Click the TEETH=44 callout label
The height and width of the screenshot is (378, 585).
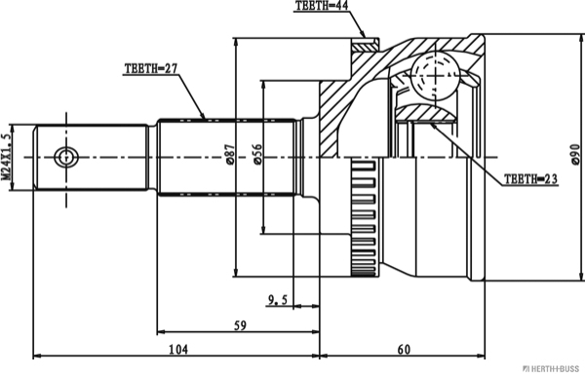(322, 6)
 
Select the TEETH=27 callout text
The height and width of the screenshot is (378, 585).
(151, 68)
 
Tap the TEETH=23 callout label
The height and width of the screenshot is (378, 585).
(531, 179)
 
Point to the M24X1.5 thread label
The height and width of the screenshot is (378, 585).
(6, 157)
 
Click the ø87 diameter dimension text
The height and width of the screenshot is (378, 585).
(230, 155)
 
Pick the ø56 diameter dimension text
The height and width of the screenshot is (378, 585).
(257, 154)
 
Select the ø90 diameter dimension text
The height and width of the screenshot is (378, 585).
(575, 154)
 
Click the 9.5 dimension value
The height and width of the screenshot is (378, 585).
(278, 299)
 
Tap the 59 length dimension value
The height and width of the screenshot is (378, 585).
(240, 325)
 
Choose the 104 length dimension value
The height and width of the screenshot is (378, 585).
(178, 350)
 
